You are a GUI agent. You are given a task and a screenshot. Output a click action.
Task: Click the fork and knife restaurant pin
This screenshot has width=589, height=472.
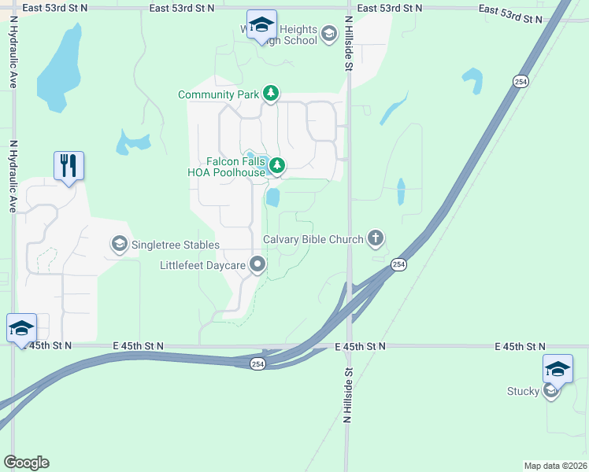click(x=69, y=165)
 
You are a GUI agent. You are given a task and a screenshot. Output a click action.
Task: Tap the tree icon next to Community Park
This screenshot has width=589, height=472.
click(x=271, y=94)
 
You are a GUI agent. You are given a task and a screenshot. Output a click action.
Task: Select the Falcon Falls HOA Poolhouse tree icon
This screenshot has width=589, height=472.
click(x=276, y=165)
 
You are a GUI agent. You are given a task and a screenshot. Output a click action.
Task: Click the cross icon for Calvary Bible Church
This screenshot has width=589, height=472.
click(x=376, y=238)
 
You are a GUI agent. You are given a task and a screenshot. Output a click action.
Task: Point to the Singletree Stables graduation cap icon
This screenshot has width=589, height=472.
click(x=119, y=245)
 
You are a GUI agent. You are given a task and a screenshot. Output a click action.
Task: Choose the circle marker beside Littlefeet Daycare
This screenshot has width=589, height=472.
click(x=257, y=266)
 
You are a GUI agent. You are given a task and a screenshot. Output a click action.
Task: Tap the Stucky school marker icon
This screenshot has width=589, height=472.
click(x=551, y=391)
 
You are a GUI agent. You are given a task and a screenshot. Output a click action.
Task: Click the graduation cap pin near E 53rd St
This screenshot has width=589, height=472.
click(x=261, y=24)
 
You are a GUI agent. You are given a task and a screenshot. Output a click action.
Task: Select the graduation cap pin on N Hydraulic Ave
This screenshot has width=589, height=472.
click(x=21, y=327)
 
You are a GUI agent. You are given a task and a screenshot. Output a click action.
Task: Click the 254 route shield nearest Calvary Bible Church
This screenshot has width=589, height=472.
click(x=398, y=265)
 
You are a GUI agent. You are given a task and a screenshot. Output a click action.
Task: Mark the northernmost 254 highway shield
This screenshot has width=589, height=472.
click(x=520, y=81)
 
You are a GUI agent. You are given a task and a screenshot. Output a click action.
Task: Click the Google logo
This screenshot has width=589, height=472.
click(x=26, y=462)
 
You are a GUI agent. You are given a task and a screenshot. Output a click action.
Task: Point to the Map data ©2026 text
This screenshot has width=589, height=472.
click(x=555, y=465)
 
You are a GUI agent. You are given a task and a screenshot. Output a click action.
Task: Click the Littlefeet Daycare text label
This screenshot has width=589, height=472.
click(x=203, y=266)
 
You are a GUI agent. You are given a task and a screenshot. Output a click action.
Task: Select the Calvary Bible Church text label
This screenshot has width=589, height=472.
click(x=313, y=239)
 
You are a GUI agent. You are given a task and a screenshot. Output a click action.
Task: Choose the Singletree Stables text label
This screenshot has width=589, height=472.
click(x=175, y=245)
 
